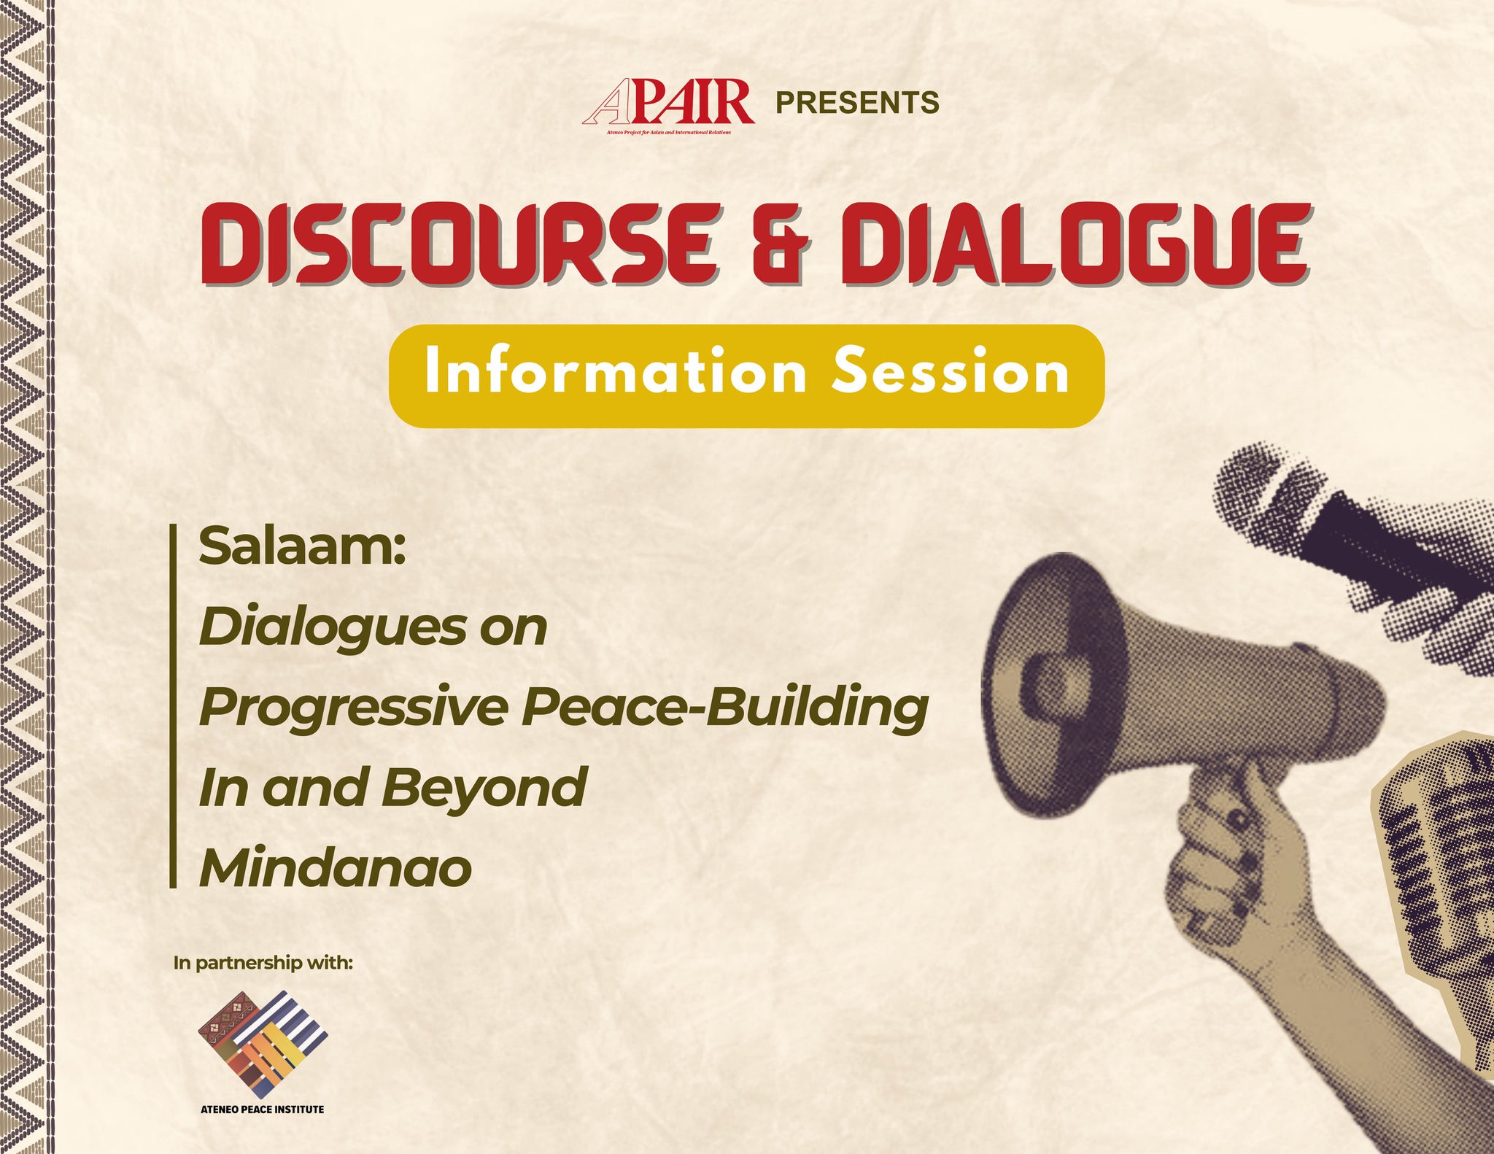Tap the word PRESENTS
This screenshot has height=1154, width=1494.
[857, 104]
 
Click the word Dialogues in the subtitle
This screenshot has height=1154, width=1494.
[332, 629]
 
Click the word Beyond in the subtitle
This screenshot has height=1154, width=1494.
[484, 789]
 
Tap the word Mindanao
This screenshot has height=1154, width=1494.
[336, 867]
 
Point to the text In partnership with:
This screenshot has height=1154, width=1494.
[263, 964]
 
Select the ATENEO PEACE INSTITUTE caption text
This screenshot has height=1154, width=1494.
[263, 1110]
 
